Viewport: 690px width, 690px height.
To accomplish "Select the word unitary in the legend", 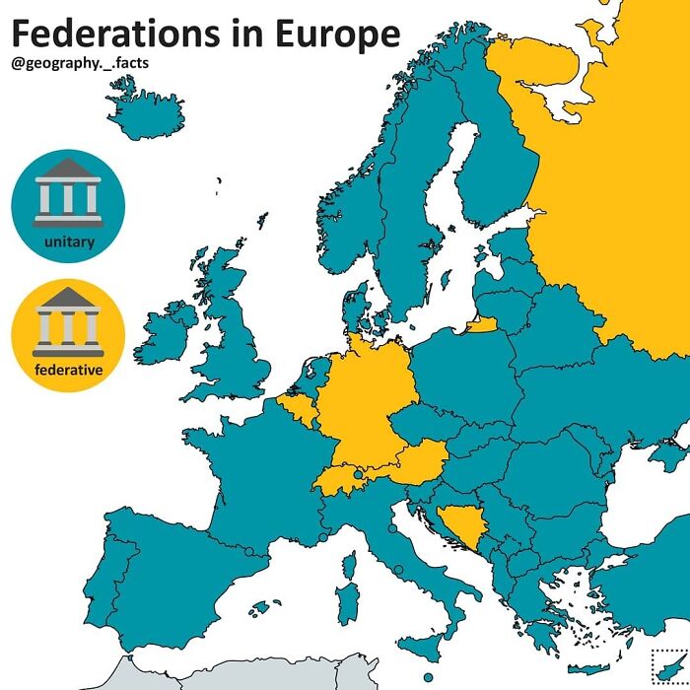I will pos(68,242).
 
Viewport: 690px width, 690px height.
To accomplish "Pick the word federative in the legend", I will pos(68,370).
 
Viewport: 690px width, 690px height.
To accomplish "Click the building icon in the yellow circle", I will pos(68,320).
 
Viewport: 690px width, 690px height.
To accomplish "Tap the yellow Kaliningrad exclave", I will pos(482,326).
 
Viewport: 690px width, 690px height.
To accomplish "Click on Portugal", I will pos(100,591).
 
